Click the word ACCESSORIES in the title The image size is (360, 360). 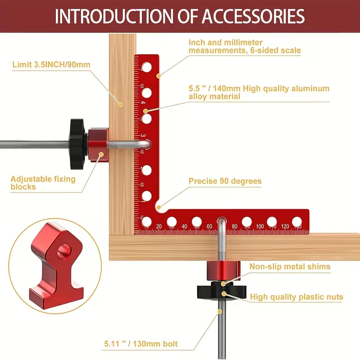(x=253, y=16)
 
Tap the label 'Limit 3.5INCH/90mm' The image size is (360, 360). (x=51, y=64)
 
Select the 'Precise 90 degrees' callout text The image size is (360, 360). (x=225, y=181)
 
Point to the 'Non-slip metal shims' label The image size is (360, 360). (x=290, y=266)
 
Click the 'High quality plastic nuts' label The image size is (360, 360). (x=297, y=297)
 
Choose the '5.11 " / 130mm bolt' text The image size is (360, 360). (x=141, y=344)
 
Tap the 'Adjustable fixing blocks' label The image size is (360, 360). (x=43, y=183)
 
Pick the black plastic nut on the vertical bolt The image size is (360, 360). (x=221, y=291)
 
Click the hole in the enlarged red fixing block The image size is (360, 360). (x=63, y=251)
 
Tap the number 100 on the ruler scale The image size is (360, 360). (x=260, y=226)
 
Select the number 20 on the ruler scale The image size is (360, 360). (x=159, y=226)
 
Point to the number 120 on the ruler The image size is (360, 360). (x=285, y=226)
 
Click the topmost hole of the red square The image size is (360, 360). (x=147, y=67)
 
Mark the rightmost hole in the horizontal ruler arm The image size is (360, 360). (x=297, y=222)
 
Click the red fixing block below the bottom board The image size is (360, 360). (x=223, y=271)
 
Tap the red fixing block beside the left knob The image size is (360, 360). (x=98, y=144)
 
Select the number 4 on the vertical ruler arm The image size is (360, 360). (x=143, y=103)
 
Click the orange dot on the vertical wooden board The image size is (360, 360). (x=120, y=105)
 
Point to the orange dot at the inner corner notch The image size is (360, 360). (x=158, y=207)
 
